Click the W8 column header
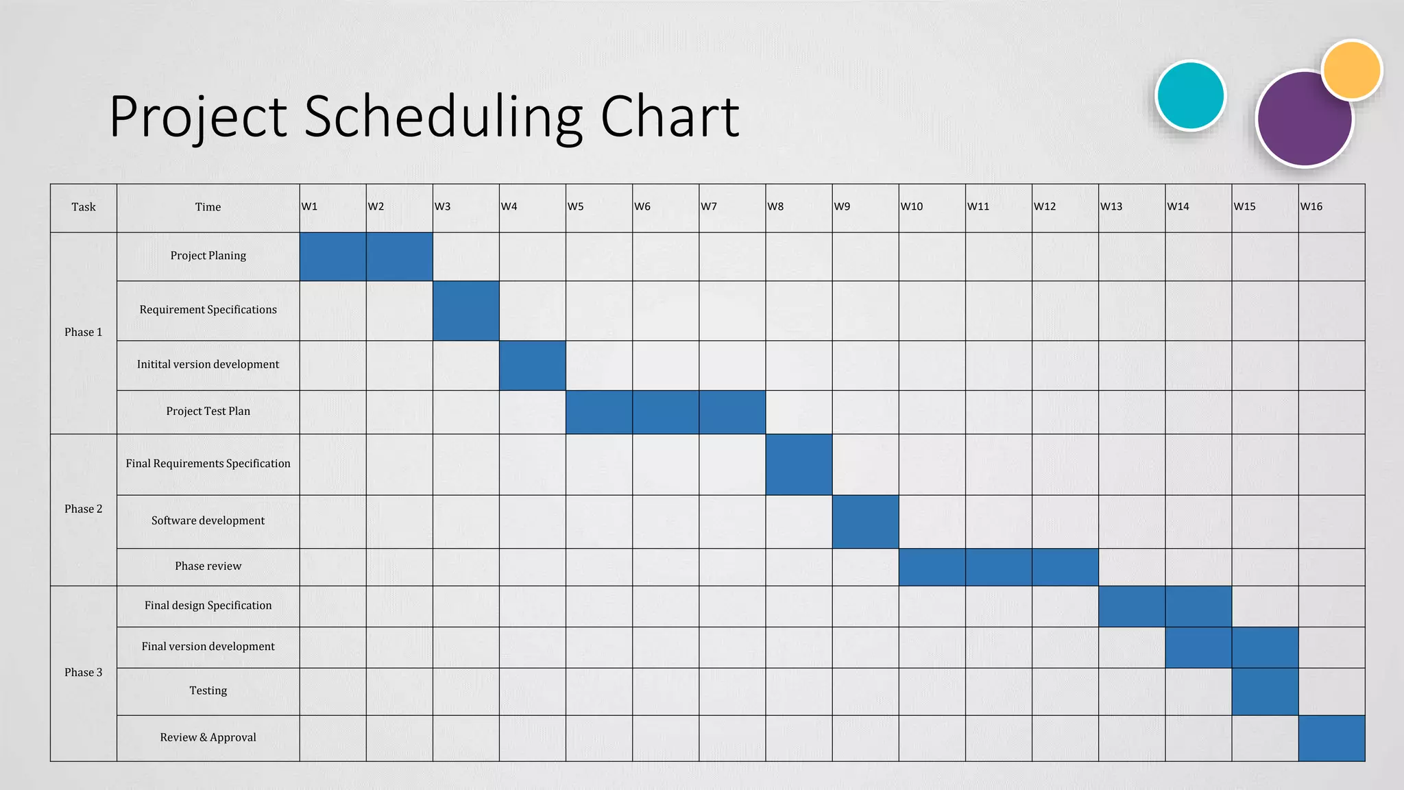coord(775,206)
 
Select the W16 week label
coord(1311,206)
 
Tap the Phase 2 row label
coord(84,509)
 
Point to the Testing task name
coord(208,691)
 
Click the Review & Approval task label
coord(208,737)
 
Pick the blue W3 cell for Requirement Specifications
coord(465,311)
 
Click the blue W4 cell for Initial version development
coord(532,366)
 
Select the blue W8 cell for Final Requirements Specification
coord(799,464)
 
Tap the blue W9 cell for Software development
coord(865,521)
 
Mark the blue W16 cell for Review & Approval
coord(1331,738)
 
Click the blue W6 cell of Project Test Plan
coord(665,412)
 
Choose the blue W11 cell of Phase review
coord(998,566)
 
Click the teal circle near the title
coord(1190,95)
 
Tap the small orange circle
coord(1352,69)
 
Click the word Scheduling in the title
coord(443,117)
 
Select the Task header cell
coord(84,207)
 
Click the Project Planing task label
coord(208,256)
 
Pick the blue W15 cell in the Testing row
coord(1265,691)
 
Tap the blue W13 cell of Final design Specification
coord(1131,606)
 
